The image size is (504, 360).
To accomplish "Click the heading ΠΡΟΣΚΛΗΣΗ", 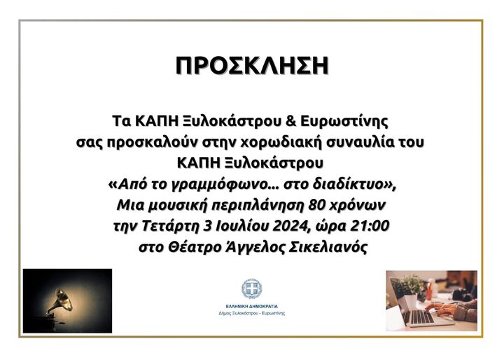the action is (x=252, y=66).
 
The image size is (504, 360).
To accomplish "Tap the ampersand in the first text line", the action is (x=290, y=121).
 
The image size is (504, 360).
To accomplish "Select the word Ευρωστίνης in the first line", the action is (x=344, y=122).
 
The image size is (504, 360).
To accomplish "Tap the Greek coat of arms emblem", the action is (x=252, y=289).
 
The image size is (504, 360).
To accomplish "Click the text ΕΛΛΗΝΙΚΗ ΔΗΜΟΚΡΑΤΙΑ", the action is (x=252, y=307).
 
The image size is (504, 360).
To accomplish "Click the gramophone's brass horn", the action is (x=63, y=300).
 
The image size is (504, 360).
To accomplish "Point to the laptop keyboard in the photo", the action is (x=417, y=317).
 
